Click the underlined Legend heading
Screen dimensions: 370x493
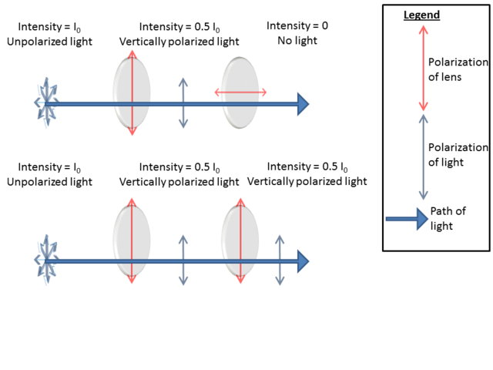pyautogui.click(x=421, y=15)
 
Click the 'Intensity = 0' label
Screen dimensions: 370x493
pyautogui.click(x=297, y=26)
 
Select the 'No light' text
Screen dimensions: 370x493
pyautogui.click(x=297, y=40)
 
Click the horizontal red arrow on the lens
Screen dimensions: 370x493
pyautogui.click(x=240, y=92)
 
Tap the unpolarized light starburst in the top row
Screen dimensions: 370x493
pyautogui.click(x=47, y=103)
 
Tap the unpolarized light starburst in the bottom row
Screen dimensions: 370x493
pyautogui.click(x=47, y=261)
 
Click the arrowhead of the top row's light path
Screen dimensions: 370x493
pyautogui.click(x=303, y=103)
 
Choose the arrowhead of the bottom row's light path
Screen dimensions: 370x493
pyautogui.click(x=303, y=261)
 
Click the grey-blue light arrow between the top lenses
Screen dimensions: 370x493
pyautogui.click(x=183, y=103)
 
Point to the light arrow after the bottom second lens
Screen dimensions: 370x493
pyautogui.click(x=280, y=261)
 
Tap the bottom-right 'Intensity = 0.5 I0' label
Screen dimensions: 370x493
pyautogui.click(x=307, y=167)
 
